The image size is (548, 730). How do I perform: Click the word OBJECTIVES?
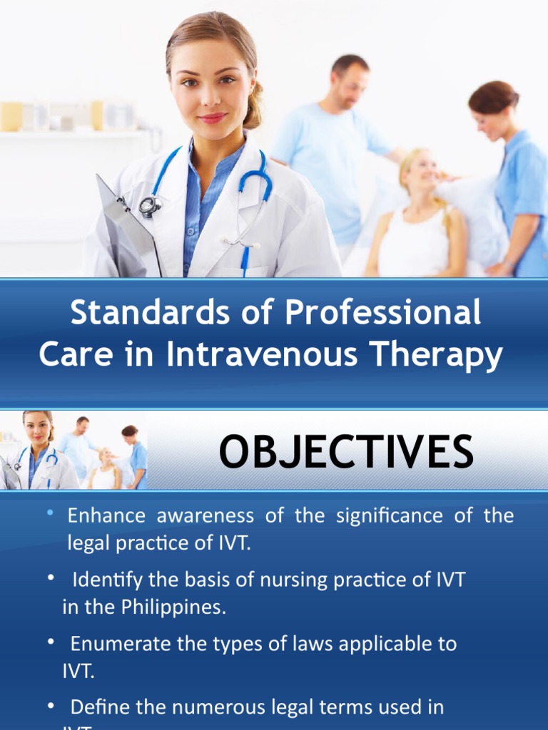pos(346,451)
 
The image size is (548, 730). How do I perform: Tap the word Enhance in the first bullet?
pos(106,515)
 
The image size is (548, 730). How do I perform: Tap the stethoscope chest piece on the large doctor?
pos(150,206)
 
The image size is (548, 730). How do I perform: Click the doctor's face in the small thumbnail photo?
pos(38,429)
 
